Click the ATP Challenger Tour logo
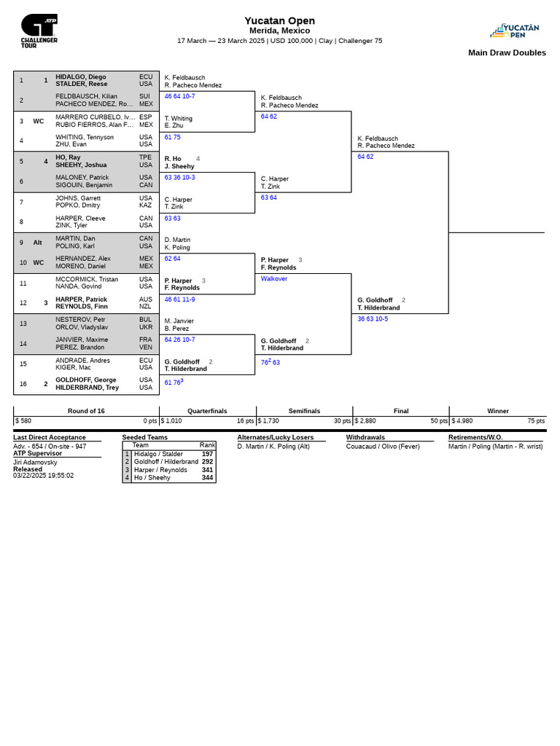point(39,31)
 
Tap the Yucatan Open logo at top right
point(516,31)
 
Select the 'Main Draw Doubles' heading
point(507,52)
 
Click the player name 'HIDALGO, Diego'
point(81,76)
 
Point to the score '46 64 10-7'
point(179,96)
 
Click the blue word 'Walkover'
point(274,279)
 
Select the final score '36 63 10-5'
point(373,319)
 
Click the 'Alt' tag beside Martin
point(39,243)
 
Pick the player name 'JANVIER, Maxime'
point(82,339)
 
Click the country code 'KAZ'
point(146,205)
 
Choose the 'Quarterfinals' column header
point(207,411)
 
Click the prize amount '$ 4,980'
point(462,421)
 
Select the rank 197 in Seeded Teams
point(207,453)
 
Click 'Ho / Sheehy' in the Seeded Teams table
point(152,478)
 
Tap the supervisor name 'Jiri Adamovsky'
point(35,462)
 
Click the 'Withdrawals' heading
point(365,437)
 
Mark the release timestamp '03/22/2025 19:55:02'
point(43,476)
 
